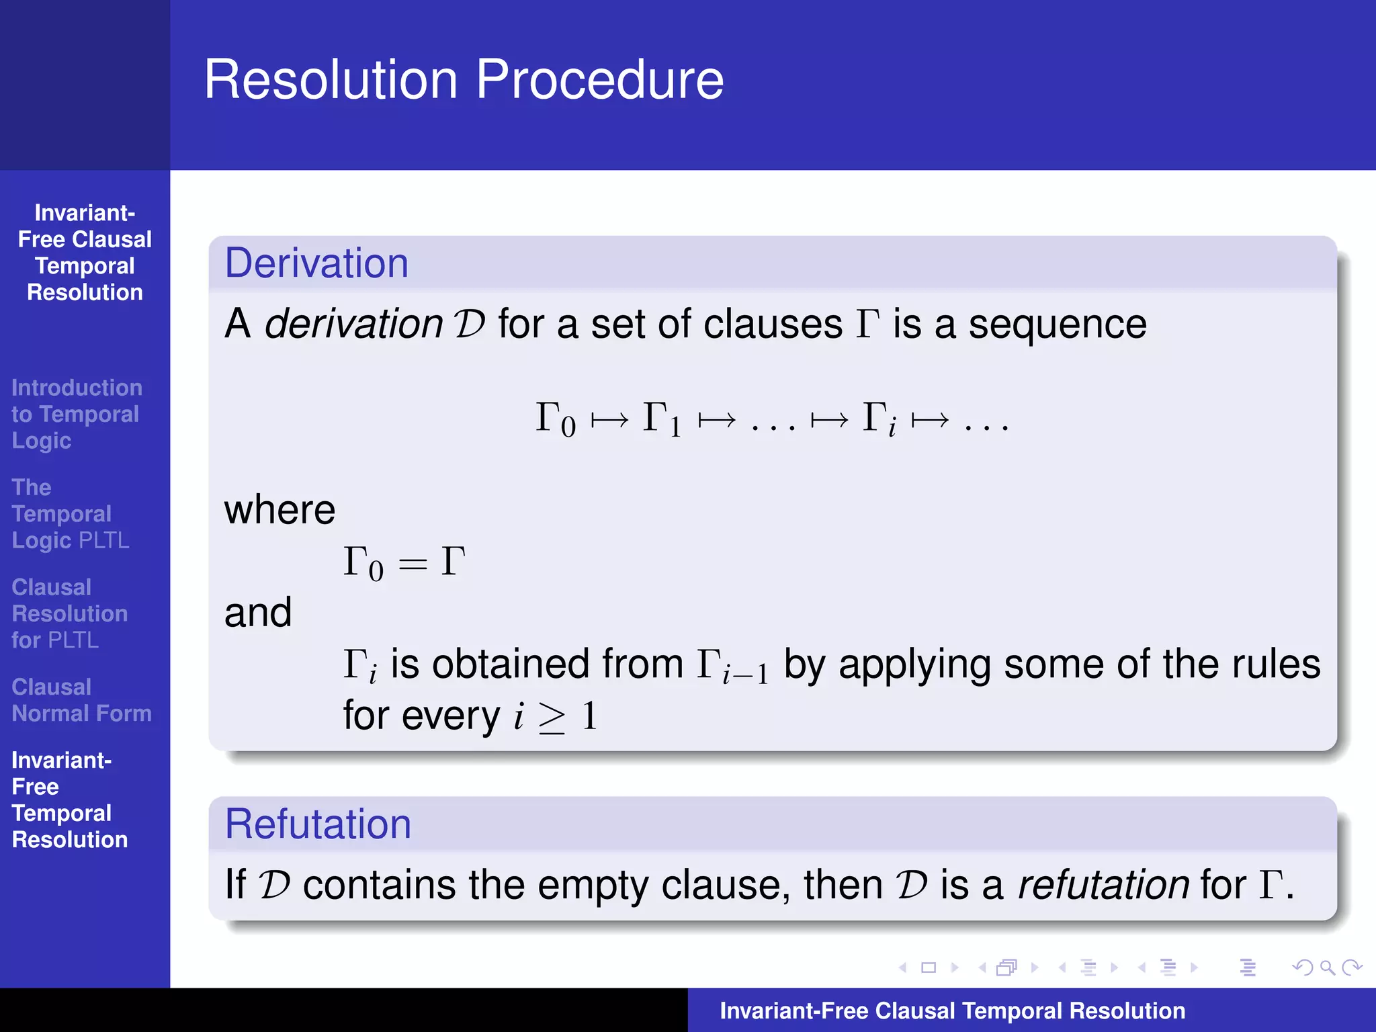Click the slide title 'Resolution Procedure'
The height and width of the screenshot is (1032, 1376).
[464, 80]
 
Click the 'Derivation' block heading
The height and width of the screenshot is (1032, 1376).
[316, 263]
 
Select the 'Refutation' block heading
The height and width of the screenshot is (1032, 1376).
[318, 824]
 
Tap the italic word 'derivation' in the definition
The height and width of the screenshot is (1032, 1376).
[353, 324]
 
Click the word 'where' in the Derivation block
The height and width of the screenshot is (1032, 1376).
[279, 510]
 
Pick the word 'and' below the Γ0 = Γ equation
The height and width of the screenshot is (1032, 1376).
[258, 613]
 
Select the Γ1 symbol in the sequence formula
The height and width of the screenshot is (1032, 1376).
[662, 419]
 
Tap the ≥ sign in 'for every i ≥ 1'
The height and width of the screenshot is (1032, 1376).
[552, 718]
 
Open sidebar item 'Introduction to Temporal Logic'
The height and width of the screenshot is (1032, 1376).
[76, 414]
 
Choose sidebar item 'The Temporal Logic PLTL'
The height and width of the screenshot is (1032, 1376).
[70, 514]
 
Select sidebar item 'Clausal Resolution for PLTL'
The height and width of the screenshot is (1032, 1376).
[69, 613]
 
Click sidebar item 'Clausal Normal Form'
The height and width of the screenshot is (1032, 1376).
[81, 700]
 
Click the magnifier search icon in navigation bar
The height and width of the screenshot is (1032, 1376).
[1326, 967]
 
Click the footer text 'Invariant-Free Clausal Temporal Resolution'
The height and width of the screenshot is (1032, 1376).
[952, 1010]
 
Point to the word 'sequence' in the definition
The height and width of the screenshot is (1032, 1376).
[1057, 325]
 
